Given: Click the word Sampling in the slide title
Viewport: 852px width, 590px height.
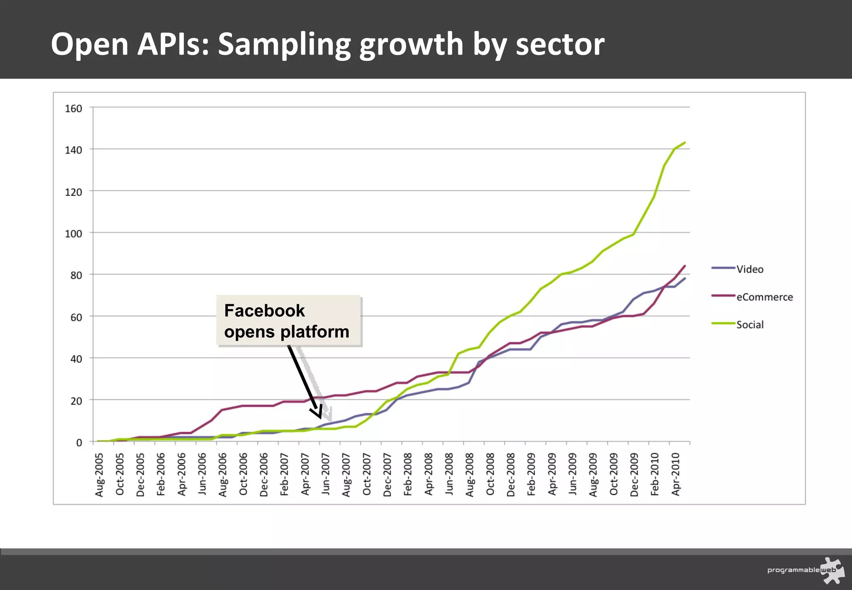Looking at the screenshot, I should (x=284, y=45).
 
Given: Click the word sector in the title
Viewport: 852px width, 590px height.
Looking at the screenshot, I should (x=560, y=45).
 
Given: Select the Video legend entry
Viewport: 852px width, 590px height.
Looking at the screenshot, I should (x=750, y=269).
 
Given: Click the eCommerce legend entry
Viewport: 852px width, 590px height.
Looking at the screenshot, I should (x=764, y=297).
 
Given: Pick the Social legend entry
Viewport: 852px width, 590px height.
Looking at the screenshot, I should (x=750, y=325).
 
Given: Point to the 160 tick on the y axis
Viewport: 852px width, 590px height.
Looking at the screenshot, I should (x=73, y=109).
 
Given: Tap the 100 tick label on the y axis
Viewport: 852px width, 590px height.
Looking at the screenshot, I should (x=73, y=233).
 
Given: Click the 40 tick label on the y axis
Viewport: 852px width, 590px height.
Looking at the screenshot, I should (x=76, y=359).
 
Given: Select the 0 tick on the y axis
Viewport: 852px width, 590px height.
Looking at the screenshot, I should (x=79, y=443).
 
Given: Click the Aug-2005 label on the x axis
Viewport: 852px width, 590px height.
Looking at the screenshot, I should (x=99, y=475).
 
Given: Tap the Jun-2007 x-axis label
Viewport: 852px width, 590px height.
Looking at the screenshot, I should (x=326, y=475).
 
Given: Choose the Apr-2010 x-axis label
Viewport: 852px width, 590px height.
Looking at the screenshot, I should (x=676, y=475).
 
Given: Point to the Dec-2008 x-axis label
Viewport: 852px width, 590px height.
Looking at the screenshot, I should (x=511, y=475).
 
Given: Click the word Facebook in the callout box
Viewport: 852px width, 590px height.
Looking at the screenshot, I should (x=264, y=311).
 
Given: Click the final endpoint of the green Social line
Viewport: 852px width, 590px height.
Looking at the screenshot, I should (x=685, y=143).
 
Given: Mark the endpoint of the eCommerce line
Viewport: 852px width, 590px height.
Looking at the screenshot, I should (x=685, y=266).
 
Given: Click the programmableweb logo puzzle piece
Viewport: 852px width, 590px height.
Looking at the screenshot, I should (x=833, y=570).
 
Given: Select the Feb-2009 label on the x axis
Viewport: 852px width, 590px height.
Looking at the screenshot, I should (x=531, y=475).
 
